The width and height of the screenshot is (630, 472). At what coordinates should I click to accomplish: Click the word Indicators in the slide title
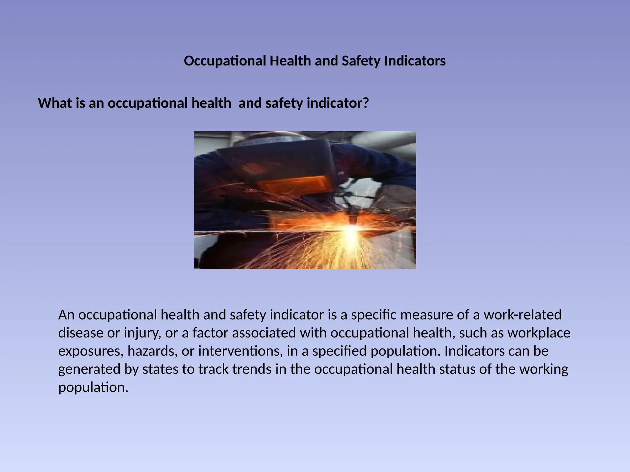(415, 61)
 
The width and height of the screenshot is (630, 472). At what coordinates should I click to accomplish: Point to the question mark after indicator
(365, 103)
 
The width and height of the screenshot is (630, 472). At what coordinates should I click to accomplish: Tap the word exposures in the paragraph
(91, 351)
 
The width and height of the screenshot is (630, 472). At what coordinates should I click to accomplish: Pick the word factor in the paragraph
(210, 333)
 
